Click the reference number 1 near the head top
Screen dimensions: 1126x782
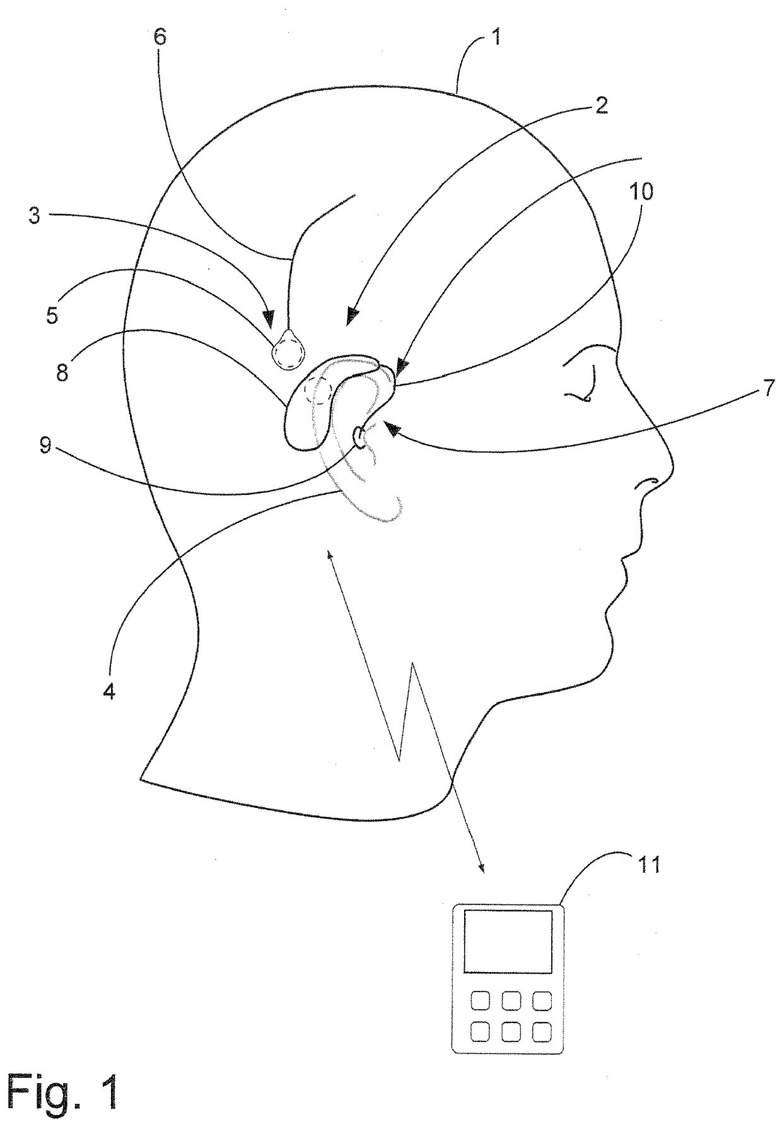pos(496,37)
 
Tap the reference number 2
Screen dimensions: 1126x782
pos(602,105)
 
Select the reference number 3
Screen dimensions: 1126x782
pos(34,215)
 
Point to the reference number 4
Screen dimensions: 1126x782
pos(109,692)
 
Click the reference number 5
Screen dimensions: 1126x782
pos(52,314)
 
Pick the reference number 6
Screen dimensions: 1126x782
pos(160,37)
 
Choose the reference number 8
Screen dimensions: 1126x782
pos(62,372)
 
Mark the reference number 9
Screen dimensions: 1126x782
pos(45,446)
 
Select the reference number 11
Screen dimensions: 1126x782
pos(650,864)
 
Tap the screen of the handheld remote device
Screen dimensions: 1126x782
pos(508,941)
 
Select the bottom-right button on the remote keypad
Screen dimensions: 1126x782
pos(541,1031)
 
